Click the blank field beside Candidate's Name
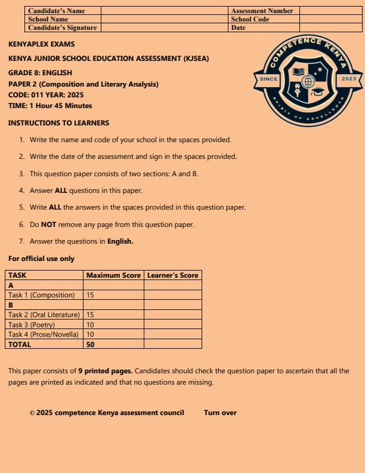[x=165, y=11]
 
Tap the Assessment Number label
[x=262, y=11]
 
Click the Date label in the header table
[x=238, y=27]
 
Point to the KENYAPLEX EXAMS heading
[x=42, y=44]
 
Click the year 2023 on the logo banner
[x=349, y=79]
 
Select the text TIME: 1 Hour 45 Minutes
[x=50, y=106]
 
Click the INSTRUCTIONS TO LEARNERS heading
[x=58, y=123]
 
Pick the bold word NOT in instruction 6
[x=48, y=225]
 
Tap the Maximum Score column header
[x=113, y=275]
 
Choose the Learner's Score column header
[x=172, y=275]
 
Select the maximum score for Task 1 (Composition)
[x=90, y=295]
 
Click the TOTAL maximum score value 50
[x=91, y=345]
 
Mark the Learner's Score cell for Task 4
[x=172, y=334]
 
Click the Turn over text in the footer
[x=220, y=413]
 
